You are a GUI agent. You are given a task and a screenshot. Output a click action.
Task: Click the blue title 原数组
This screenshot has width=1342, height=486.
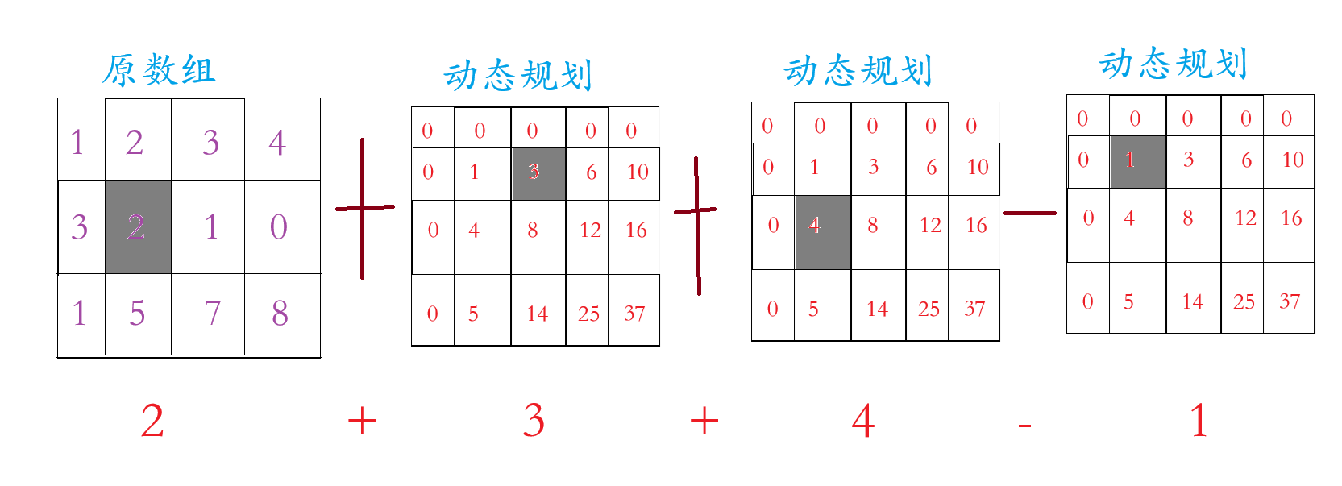pyautogui.click(x=159, y=71)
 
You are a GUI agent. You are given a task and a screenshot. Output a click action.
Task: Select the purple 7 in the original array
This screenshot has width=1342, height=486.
pyautogui.click(x=212, y=313)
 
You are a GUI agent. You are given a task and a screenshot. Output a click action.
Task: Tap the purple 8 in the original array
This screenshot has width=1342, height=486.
pyautogui.click(x=280, y=313)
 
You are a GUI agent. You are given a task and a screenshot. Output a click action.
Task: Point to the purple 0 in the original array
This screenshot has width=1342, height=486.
pyautogui.click(x=279, y=227)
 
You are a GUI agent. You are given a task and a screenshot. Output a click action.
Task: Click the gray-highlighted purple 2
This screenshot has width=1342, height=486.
pyautogui.click(x=136, y=227)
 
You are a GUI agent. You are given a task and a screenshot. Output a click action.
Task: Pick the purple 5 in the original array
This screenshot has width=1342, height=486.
pyautogui.click(x=137, y=313)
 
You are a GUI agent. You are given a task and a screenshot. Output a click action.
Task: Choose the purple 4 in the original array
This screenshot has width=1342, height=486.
pyautogui.click(x=277, y=143)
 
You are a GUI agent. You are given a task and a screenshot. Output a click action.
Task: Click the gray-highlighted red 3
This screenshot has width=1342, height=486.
pyautogui.click(x=534, y=172)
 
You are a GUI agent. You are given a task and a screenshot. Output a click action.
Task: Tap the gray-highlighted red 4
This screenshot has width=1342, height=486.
pyautogui.click(x=814, y=226)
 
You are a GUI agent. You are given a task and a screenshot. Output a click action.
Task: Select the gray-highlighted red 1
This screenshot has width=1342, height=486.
pyautogui.click(x=1130, y=160)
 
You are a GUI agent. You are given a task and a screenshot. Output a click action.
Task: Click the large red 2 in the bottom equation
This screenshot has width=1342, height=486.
pyautogui.click(x=152, y=422)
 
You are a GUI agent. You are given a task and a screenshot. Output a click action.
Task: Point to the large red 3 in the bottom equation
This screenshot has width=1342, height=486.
pyautogui.click(x=534, y=422)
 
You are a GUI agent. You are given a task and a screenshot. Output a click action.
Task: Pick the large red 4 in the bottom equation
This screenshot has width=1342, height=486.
pyautogui.click(x=863, y=422)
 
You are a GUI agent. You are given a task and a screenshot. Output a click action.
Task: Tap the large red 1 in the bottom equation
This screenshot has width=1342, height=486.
pyautogui.click(x=1199, y=422)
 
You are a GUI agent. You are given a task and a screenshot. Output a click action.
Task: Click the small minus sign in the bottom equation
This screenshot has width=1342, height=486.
pyautogui.click(x=1024, y=425)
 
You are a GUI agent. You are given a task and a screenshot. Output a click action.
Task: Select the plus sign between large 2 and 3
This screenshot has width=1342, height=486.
pyautogui.click(x=362, y=421)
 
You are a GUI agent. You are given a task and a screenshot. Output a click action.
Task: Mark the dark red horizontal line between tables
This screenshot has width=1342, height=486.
pyautogui.click(x=1029, y=214)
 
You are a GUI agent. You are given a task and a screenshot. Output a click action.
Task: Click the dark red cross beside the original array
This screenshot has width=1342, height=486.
pyautogui.click(x=364, y=208)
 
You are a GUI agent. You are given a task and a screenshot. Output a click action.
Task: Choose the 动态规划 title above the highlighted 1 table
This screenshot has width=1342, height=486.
pyautogui.click(x=1174, y=64)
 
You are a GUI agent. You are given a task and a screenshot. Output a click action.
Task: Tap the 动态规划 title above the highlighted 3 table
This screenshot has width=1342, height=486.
pyautogui.click(x=517, y=76)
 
